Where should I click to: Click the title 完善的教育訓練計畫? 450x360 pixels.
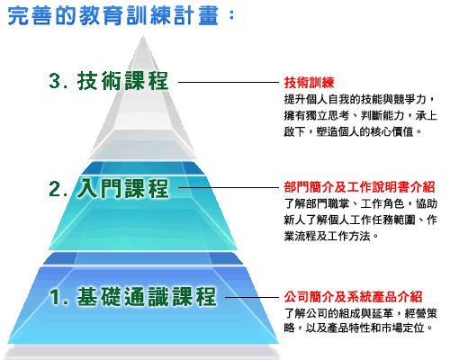[112, 15]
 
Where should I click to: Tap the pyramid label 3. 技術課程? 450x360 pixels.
[108, 81]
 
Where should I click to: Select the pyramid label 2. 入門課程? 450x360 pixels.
[108, 188]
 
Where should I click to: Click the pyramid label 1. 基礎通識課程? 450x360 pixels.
[132, 296]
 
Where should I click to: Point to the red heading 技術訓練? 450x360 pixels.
[309, 83]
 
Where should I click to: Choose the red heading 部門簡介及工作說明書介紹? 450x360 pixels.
[359, 187]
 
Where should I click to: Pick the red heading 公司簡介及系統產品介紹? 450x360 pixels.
[354, 297]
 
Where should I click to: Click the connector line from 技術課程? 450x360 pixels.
[229, 82]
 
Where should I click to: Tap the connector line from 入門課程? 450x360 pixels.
[229, 188]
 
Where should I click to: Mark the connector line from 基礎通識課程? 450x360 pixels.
[252, 297]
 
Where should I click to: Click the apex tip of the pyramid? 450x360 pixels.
[143, 36]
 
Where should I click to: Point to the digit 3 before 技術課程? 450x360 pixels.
[55, 81]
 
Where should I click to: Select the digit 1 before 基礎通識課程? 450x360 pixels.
[55, 297]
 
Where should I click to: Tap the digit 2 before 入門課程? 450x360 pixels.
[55, 189]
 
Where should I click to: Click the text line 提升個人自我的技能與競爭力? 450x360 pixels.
[355, 99]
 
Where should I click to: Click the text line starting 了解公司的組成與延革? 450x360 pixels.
[361, 313]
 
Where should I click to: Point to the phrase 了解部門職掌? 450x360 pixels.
[317, 203]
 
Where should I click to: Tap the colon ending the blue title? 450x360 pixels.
[231, 14]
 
